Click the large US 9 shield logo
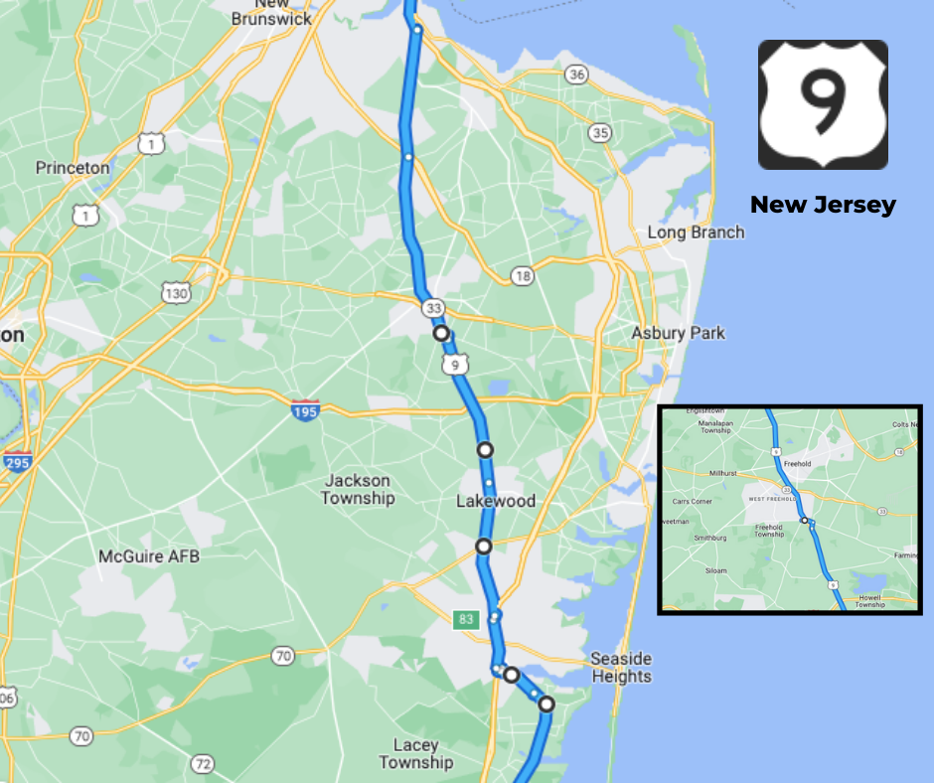[823, 105]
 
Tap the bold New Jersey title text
[823, 205]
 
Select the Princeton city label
[73, 168]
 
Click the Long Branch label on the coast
[696, 233]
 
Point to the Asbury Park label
[679, 333]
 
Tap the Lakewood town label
[496, 501]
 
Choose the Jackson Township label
[358, 490]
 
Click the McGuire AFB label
[149, 556]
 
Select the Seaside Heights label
[621, 668]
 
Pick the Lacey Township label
[416, 754]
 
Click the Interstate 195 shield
[306, 410]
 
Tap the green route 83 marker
[464, 619]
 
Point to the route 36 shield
[576, 75]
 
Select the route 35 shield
[600, 132]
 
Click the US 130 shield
[176, 292]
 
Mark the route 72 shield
[203, 764]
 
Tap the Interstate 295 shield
[17, 461]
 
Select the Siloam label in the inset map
[715, 571]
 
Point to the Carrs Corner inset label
[693, 501]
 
